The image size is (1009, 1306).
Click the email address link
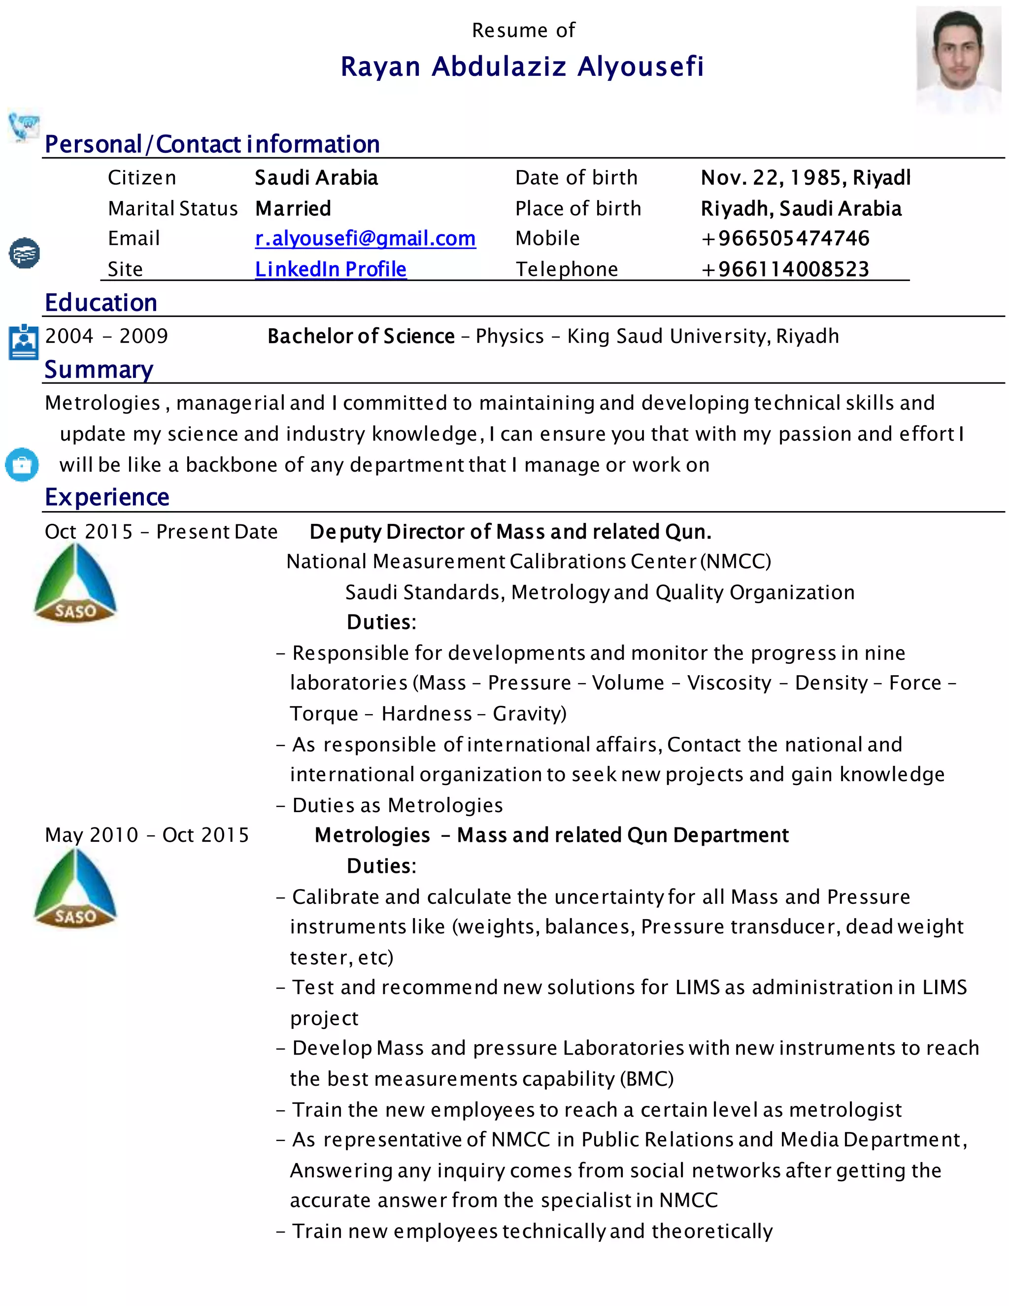365,239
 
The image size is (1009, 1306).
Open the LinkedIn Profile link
330,269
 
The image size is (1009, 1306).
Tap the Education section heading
101,303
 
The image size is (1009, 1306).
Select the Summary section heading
99,370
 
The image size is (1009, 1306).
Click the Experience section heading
107,497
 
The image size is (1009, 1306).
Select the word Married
293,208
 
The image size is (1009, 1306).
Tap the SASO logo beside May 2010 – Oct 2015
75,889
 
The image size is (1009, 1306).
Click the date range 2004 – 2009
106,336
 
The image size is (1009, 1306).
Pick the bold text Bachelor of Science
361,336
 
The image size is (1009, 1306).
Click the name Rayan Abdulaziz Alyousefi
522,67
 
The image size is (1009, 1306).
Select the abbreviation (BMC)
647,1079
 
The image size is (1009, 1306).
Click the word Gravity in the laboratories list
526,714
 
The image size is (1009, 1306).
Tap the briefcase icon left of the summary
22,465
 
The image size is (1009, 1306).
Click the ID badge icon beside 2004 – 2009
23,342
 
